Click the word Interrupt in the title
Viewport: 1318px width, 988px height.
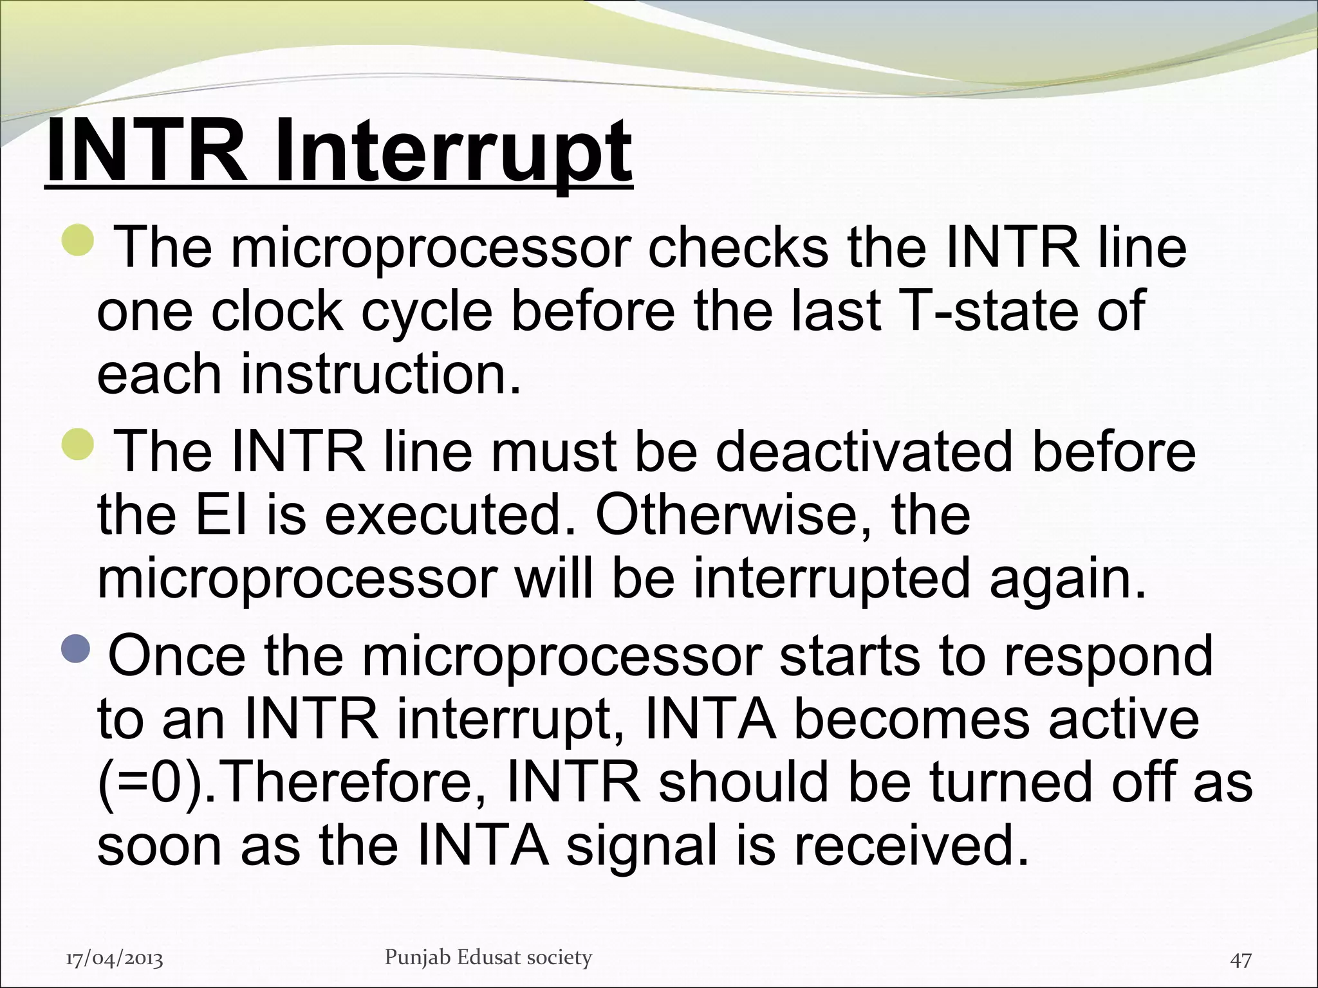454,153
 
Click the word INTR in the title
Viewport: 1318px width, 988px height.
147,153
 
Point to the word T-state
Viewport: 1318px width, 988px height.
965,311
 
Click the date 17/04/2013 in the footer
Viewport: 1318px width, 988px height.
115,959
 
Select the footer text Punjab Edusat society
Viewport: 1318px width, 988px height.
488,957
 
